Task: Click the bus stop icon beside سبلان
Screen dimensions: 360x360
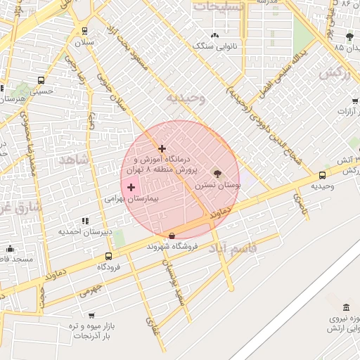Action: pyautogui.click(x=85, y=31)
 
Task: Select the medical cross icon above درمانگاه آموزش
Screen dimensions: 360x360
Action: pyautogui.click(x=162, y=148)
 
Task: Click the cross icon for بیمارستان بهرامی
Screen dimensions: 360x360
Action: pyautogui.click(x=131, y=187)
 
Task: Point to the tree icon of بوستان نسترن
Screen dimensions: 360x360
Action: pyautogui.click(x=217, y=173)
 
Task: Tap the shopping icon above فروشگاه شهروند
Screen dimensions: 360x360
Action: pyautogui.click(x=172, y=236)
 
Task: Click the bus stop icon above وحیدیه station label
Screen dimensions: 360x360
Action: pyautogui.click(x=322, y=175)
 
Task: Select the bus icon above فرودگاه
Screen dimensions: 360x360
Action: pyautogui.click(x=108, y=257)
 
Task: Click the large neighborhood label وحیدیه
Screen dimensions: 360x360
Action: pyautogui.click(x=185, y=98)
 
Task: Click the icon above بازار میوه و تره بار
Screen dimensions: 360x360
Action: pyautogui.click(x=91, y=314)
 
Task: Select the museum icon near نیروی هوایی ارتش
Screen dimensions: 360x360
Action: pyautogui.click(x=345, y=308)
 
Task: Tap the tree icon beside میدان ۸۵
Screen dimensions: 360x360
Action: pyautogui.click(x=349, y=36)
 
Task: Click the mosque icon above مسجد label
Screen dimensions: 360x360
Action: pyautogui.click(x=10, y=249)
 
